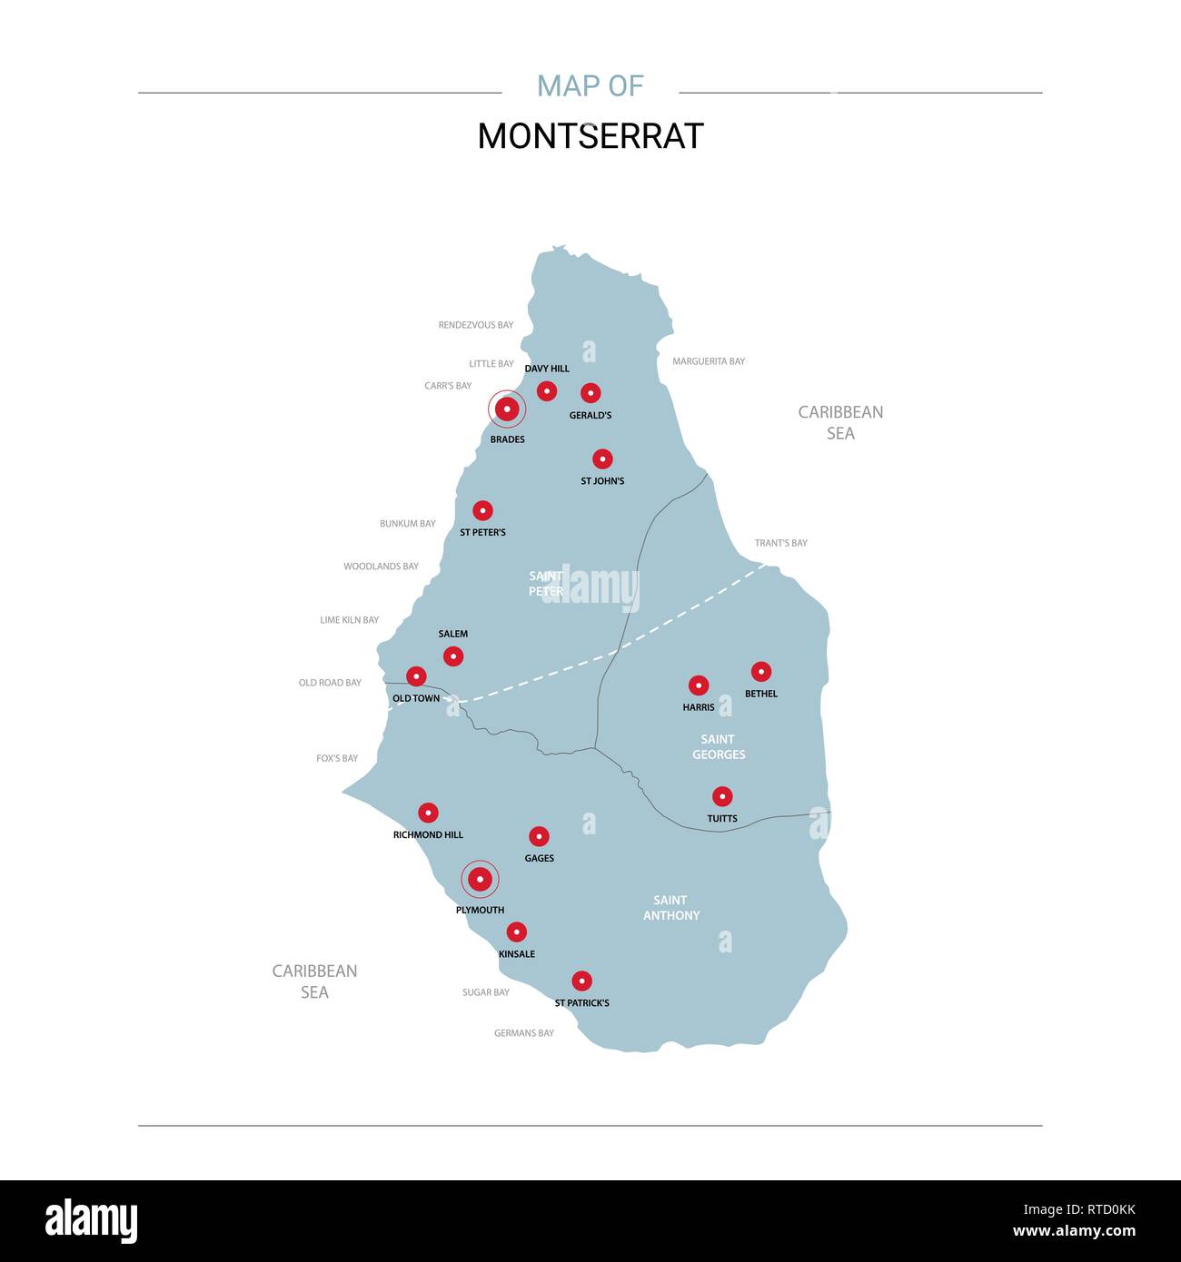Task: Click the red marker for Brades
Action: click(507, 409)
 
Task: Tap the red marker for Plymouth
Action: click(480, 879)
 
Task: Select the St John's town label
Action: click(602, 481)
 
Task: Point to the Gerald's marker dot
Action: click(590, 393)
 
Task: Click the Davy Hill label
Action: click(547, 369)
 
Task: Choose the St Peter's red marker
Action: click(482, 511)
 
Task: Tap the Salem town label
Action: click(453, 634)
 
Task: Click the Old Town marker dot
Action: click(416, 676)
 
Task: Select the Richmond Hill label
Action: click(428, 834)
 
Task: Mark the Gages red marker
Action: click(539, 836)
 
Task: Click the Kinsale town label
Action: click(517, 954)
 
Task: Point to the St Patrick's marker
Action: click(581, 981)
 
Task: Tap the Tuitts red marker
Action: click(722, 796)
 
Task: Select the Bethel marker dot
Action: click(761, 672)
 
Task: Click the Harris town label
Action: click(699, 707)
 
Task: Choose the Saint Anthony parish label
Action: click(671, 908)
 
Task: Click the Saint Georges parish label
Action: click(719, 747)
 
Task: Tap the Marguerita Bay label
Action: click(709, 361)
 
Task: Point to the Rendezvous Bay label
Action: click(476, 325)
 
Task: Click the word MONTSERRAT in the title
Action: click(590, 136)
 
